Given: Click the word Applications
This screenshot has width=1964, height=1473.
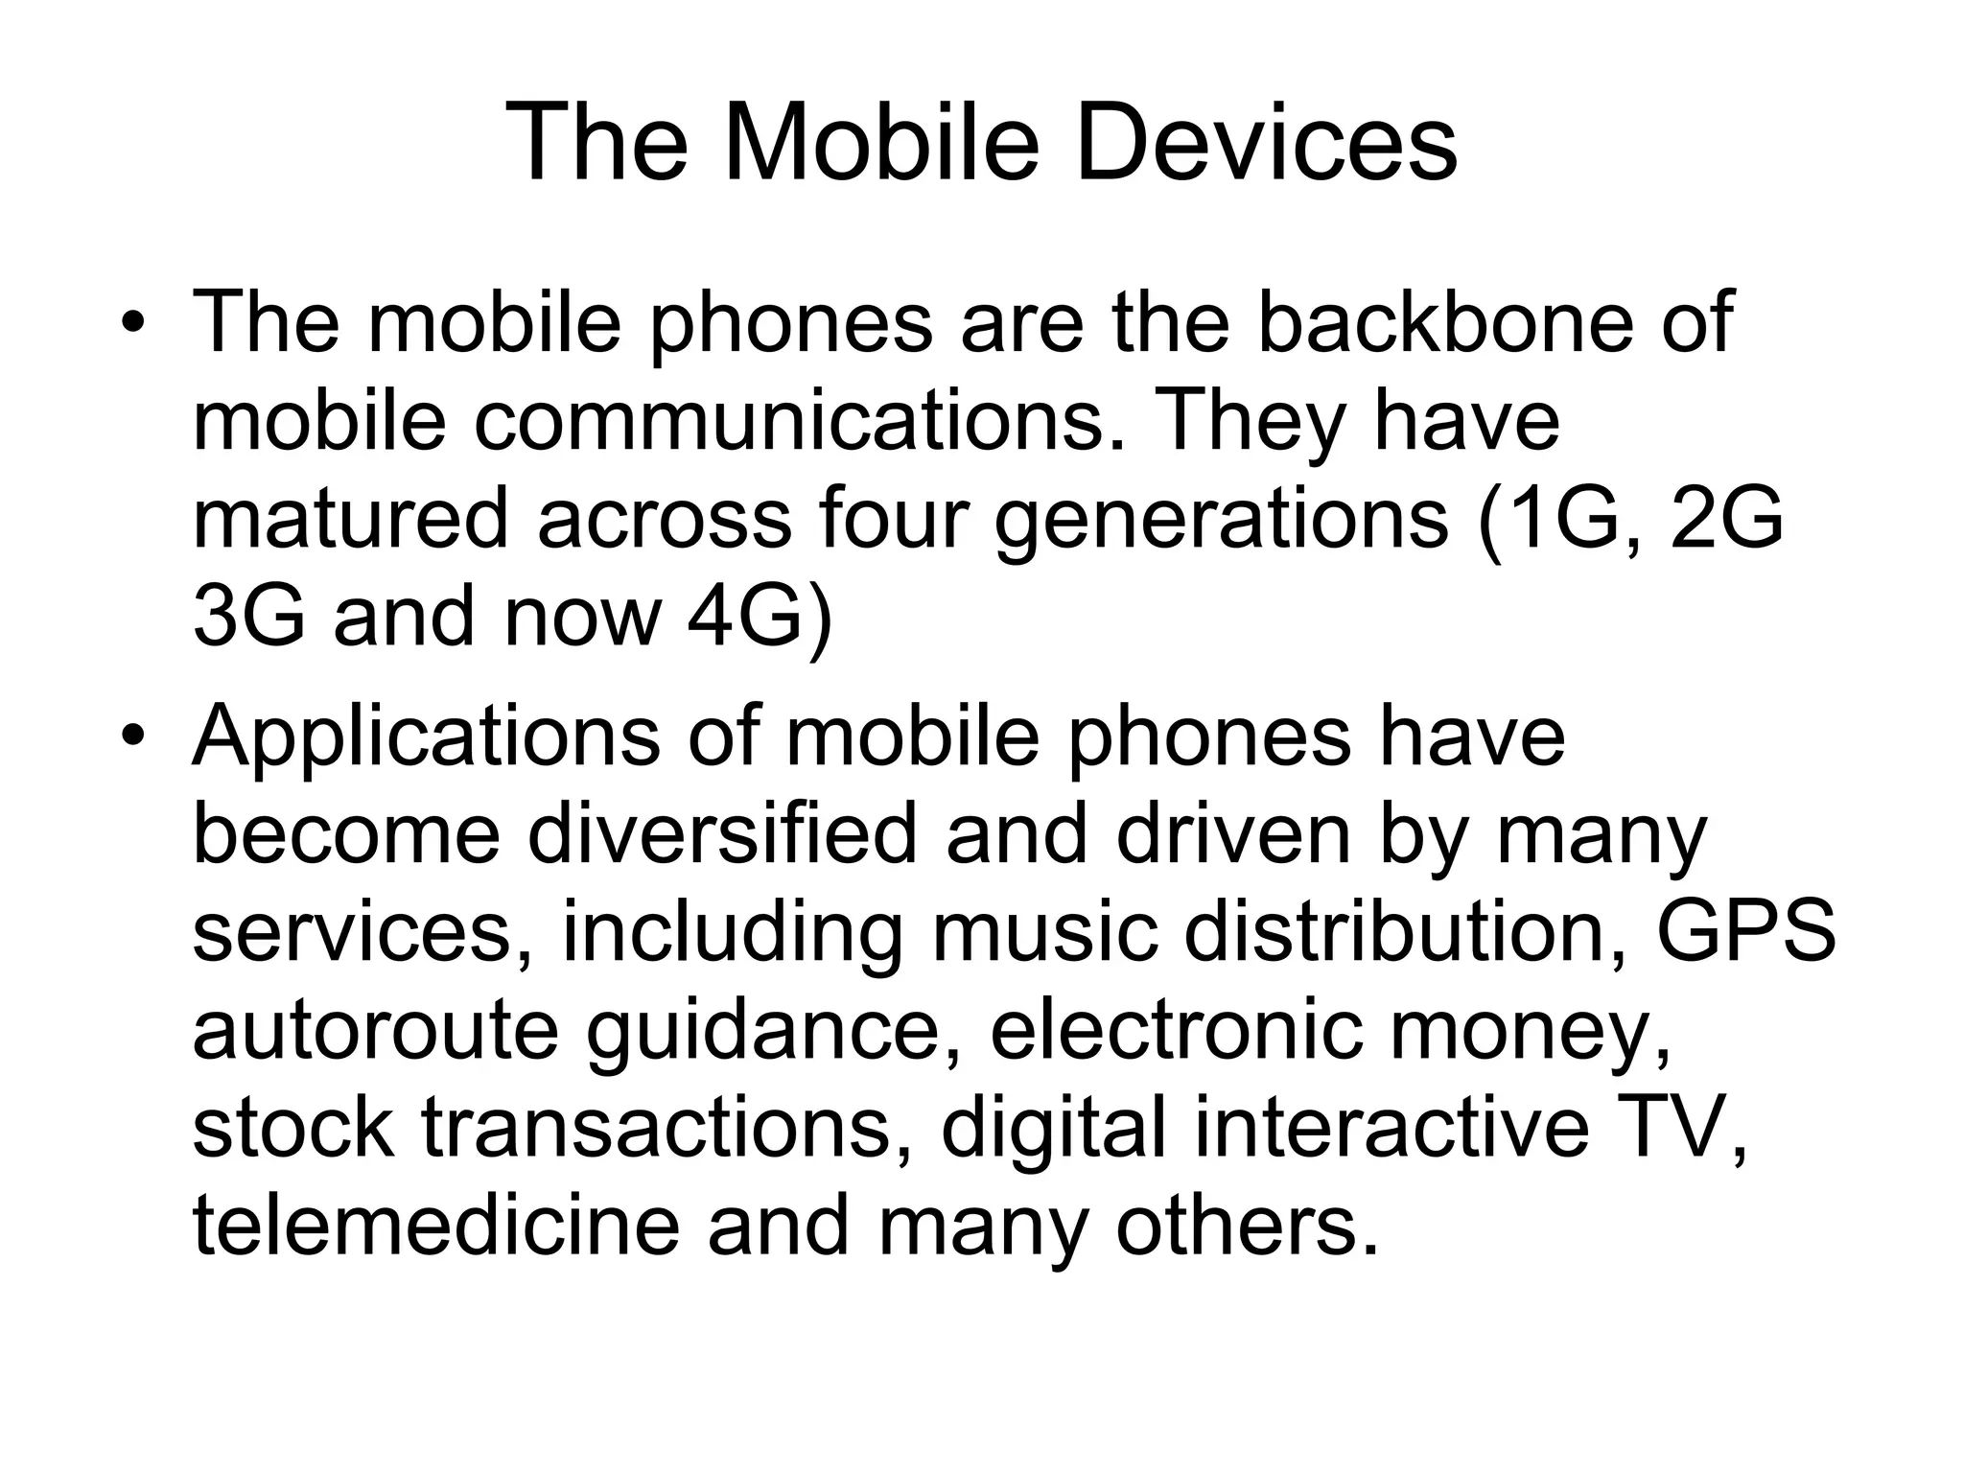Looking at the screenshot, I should pyautogui.click(x=426, y=736).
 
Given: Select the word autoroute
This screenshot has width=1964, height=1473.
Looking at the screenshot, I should pyautogui.click(x=375, y=1031).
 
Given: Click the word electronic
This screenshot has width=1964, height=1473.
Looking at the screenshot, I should pyautogui.click(x=1176, y=1031).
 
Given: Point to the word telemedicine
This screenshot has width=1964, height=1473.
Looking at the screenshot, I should pyautogui.click(x=435, y=1227).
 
